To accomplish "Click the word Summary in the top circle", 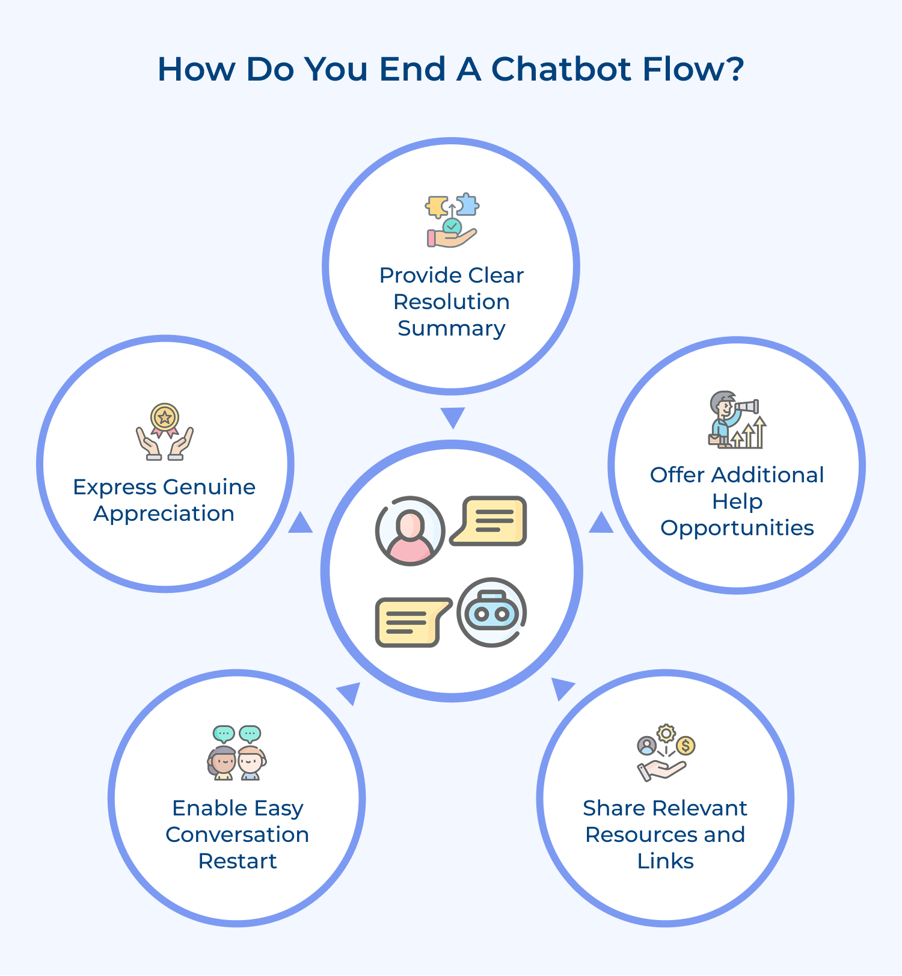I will [451, 328].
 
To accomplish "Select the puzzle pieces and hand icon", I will [452, 220].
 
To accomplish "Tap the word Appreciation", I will [164, 514].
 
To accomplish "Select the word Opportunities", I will [737, 528].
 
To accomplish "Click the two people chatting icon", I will [237, 753].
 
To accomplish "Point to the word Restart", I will [238, 861].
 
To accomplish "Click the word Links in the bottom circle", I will [665, 861].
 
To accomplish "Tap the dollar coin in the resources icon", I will [686, 746].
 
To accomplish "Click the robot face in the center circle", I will [491, 612].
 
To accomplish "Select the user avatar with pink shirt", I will [410, 530].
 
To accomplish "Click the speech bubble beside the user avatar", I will [489, 521].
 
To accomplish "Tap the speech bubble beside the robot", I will [411, 622].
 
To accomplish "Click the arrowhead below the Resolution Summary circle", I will [452, 416].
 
